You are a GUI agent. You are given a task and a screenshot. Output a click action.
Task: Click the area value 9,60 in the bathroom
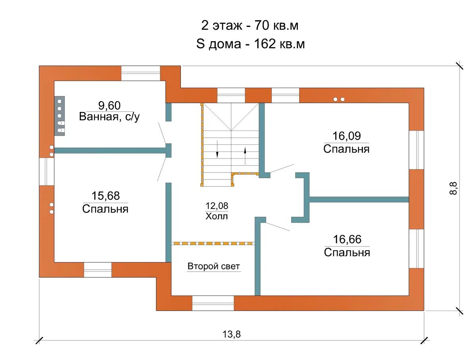(109, 106)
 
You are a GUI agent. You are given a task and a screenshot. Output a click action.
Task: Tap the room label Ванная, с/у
(109, 117)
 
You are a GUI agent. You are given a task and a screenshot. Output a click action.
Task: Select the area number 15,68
(106, 196)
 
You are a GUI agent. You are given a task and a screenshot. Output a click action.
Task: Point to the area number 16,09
(347, 136)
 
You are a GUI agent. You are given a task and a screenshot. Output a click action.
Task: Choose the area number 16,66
(347, 239)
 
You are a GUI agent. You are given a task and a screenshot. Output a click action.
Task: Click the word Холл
(217, 216)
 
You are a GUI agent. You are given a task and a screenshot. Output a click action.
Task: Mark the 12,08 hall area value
(217, 206)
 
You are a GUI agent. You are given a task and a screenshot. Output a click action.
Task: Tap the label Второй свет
(213, 266)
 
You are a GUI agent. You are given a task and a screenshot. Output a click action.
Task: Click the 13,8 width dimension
(232, 334)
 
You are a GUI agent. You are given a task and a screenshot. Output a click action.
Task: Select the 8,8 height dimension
(453, 188)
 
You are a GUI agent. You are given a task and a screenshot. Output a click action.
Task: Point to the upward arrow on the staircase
(245, 156)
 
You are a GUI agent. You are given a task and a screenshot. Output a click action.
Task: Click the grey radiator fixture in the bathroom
(59, 116)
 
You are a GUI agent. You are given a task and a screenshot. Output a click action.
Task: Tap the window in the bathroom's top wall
(140, 73)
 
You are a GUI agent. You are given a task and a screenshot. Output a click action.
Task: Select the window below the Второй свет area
(213, 303)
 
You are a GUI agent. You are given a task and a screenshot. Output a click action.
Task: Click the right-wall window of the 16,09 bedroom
(416, 150)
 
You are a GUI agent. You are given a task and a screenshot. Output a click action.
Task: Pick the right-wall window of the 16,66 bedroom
(416, 248)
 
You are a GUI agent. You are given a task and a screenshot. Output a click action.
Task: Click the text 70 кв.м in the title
(276, 25)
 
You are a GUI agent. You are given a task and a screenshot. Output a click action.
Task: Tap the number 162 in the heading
(265, 44)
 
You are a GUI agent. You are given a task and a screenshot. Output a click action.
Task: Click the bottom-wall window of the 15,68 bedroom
(98, 270)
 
